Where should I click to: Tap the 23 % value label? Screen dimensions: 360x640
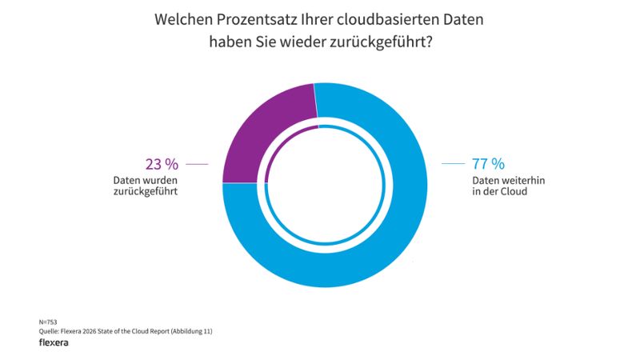tap(161, 164)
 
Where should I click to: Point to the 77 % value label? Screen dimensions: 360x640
tap(488, 164)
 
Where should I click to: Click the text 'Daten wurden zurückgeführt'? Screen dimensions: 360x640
tap(145, 186)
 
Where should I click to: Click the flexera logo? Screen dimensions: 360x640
tap(54, 342)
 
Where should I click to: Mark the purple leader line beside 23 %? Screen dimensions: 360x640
tap(197, 164)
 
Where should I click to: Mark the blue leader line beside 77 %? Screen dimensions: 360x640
tap(453, 164)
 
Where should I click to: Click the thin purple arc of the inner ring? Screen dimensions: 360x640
tap(276, 149)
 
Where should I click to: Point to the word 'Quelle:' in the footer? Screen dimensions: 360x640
tap(50, 331)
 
